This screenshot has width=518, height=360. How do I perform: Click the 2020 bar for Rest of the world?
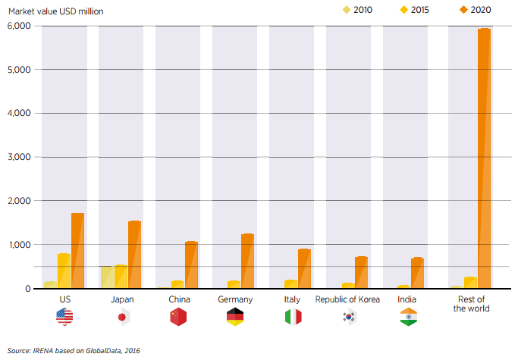click(x=484, y=158)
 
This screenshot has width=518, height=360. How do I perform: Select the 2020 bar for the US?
click(x=77, y=251)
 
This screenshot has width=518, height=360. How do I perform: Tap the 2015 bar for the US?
click(x=64, y=271)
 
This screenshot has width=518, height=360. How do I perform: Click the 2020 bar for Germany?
click(x=247, y=261)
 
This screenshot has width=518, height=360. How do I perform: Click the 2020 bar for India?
click(x=417, y=274)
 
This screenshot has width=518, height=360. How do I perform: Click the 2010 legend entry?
click(x=359, y=10)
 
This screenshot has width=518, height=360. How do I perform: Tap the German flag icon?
click(x=235, y=317)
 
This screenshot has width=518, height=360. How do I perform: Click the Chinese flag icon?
click(x=178, y=317)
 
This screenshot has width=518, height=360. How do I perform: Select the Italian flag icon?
click(x=293, y=317)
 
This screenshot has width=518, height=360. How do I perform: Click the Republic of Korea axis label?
click(x=348, y=299)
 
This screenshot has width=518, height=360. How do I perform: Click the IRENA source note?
click(x=74, y=350)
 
